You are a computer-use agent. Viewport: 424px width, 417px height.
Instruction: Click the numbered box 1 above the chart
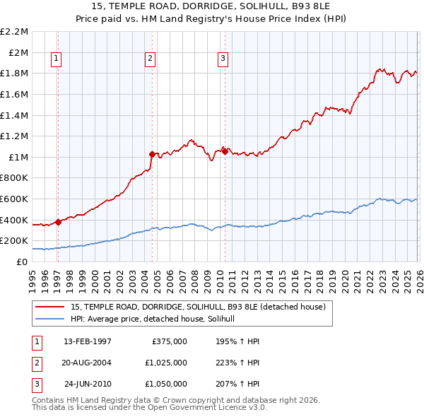(x=55, y=59)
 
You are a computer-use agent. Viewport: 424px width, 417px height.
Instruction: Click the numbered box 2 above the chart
(x=151, y=59)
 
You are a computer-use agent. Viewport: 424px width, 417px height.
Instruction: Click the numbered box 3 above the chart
(x=223, y=59)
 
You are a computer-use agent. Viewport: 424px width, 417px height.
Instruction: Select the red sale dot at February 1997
(x=58, y=222)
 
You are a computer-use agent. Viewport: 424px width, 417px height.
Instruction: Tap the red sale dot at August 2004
(x=152, y=153)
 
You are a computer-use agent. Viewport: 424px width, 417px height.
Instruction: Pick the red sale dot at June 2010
(x=225, y=151)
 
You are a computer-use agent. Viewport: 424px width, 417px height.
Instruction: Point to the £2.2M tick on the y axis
(x=14, y=32)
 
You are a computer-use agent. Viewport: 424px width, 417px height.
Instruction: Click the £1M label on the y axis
(x=18, y=157)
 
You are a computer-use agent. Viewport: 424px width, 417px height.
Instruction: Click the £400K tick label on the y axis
(x=14, y=220)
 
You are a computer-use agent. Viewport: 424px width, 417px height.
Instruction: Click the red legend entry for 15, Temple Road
(x=197, y=307)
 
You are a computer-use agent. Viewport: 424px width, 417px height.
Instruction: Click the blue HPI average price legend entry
(x=157, y=319)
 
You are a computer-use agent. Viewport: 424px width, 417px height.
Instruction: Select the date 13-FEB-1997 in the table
(x=87, y=341)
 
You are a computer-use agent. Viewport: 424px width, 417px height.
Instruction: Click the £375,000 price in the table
(x=169, y=341)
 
